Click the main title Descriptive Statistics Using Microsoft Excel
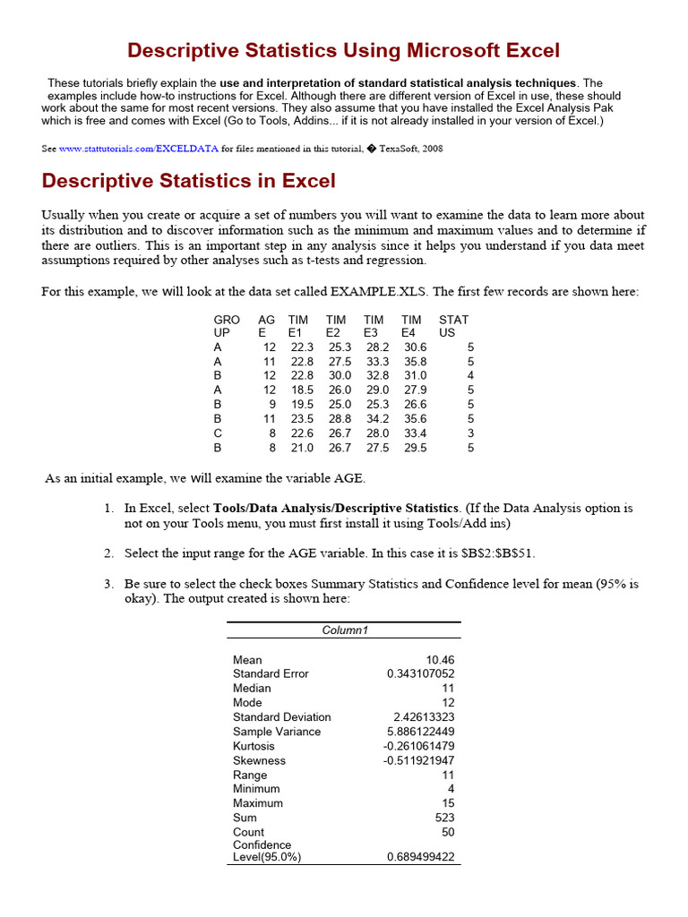[343, 50]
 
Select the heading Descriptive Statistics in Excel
[189, 181]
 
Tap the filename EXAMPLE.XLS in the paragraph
[379, 292]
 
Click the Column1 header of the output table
[344, 630]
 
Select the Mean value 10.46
[440, 660]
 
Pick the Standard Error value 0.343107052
[420, 674]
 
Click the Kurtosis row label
[254, 746]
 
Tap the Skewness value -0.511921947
[418, 760]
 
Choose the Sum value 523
[444, 818]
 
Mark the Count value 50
[448, 832]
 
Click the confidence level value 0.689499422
[420, 857]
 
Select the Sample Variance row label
[276, 732]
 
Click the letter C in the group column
[218, 433]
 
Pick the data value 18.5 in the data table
[302, 390]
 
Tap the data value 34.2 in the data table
[377, 419]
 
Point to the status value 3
[470, 433]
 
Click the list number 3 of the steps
[107, 584]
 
